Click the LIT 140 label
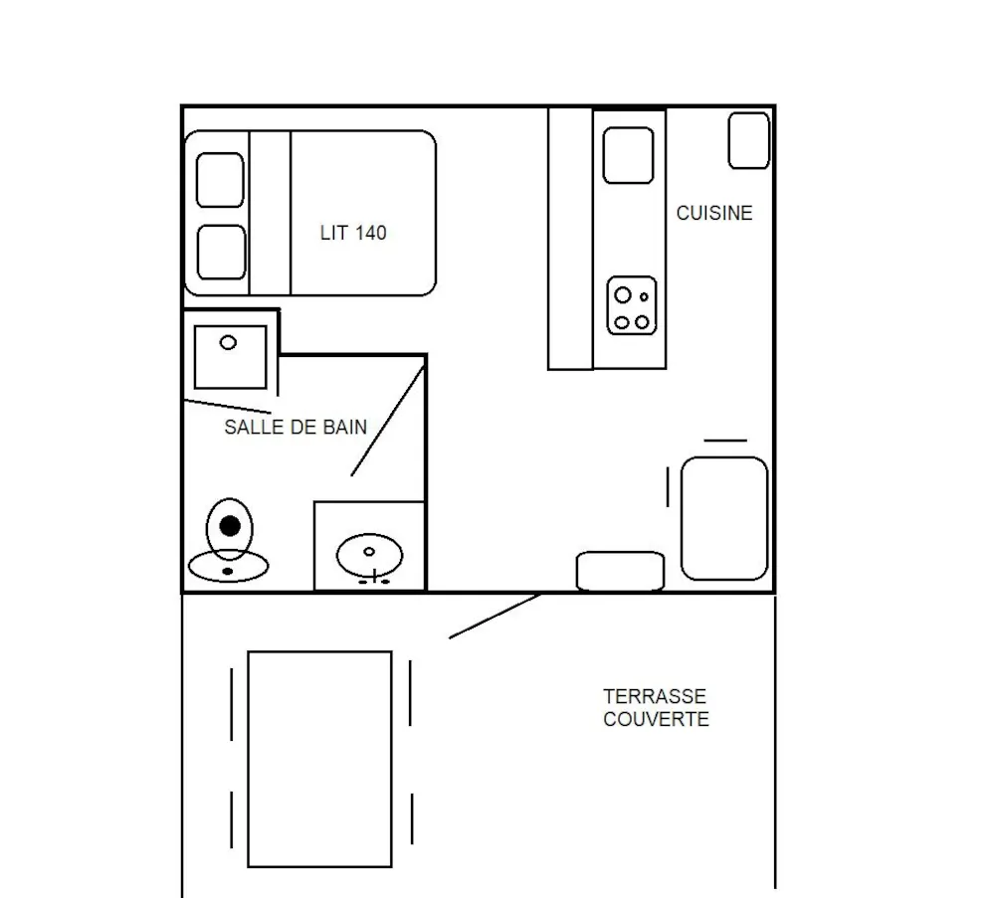(353, 233)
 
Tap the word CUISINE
(714, 213)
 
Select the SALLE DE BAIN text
(296, 427)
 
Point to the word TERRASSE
(655, 696)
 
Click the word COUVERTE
(656, 719)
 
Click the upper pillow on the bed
(220, 180)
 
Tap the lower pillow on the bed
(222, 252)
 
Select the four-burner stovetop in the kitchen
(632, 305)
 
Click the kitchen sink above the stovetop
(628, 155)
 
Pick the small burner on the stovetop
(644, 296)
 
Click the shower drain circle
(228, 342)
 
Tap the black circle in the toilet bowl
(230, 526)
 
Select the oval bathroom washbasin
(369, 556)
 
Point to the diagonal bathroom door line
(388, 421)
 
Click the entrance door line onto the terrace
(495, 616)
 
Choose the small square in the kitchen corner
(749, 141)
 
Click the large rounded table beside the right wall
(724, 518)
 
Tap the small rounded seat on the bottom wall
(621, 571)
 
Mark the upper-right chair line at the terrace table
(410, 692)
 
